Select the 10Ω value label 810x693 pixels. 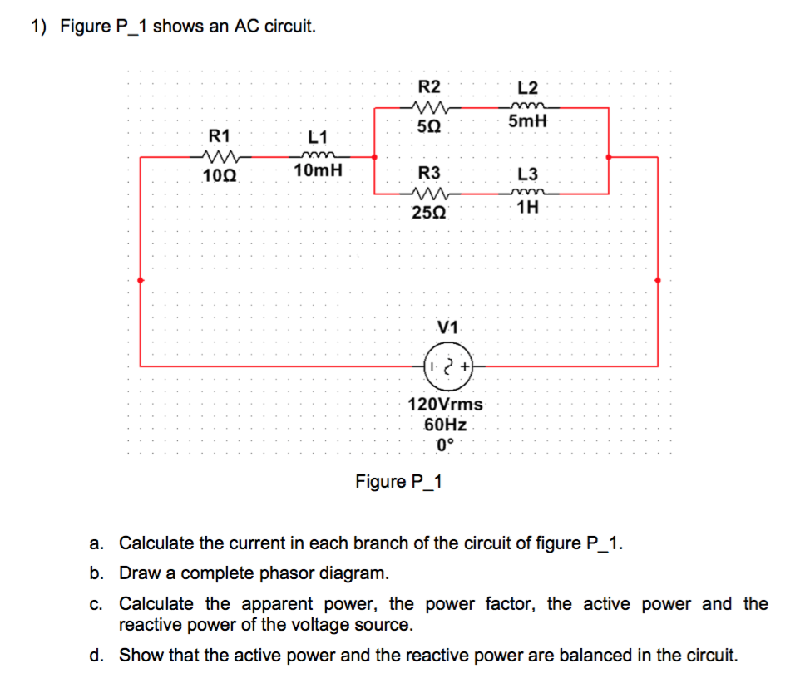click(220, 175)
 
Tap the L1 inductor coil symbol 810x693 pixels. click(318, 155)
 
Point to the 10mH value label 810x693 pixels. click(318, 172)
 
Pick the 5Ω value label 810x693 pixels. click(429, 127)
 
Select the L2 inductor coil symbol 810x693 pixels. click(527, 106)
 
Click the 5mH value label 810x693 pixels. click(527, 122)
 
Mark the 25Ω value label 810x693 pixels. click(429, 212)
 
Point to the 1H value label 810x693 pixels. click(527, 208)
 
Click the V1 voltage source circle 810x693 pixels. click(448, 366)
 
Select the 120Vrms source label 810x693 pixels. click(445, 405)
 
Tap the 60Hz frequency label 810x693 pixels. click(445, 424)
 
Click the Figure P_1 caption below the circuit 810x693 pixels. click(399, 482)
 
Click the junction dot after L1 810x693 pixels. click(374, 156)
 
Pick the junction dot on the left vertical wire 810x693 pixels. click(140, 280)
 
